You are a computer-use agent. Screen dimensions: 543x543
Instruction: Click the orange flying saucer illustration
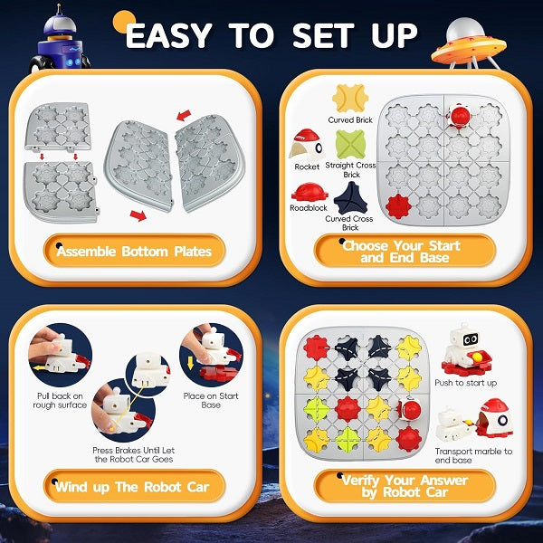tap(469, 45)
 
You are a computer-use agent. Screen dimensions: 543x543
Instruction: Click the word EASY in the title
tap(168, 35)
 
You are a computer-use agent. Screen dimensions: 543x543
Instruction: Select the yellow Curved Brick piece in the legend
tap(350, 99)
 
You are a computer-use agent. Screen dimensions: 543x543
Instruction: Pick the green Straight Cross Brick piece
tap(350, 145)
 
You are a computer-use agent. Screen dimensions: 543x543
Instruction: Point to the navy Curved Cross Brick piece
tap(350, 199)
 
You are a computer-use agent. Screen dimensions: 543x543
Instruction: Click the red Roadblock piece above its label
tap(310, 192)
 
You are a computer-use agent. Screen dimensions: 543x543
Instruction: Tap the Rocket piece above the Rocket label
tap(306, 145)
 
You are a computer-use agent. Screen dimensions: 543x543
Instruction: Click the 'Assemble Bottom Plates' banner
tap(134, 251)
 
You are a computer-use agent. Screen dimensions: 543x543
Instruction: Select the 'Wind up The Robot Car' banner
tap(134, 486)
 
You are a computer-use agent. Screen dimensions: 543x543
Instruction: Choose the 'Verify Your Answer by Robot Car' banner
tap(405, 486)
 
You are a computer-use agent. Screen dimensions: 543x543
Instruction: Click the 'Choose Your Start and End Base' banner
tap(405, 251)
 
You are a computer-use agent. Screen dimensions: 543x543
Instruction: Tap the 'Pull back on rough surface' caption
tap(60, 400)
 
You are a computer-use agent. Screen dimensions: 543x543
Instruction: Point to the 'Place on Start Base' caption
tap(211, 400)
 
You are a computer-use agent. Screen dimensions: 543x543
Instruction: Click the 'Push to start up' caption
tap(465, 383)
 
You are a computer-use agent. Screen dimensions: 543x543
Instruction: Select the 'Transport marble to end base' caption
tap(473, 455)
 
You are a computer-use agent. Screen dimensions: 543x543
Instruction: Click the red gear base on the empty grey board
tap(398, 206)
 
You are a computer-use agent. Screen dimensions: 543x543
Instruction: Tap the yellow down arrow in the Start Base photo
tap(190, 364)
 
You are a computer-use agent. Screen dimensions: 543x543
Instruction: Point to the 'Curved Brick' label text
tap(350, 120)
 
